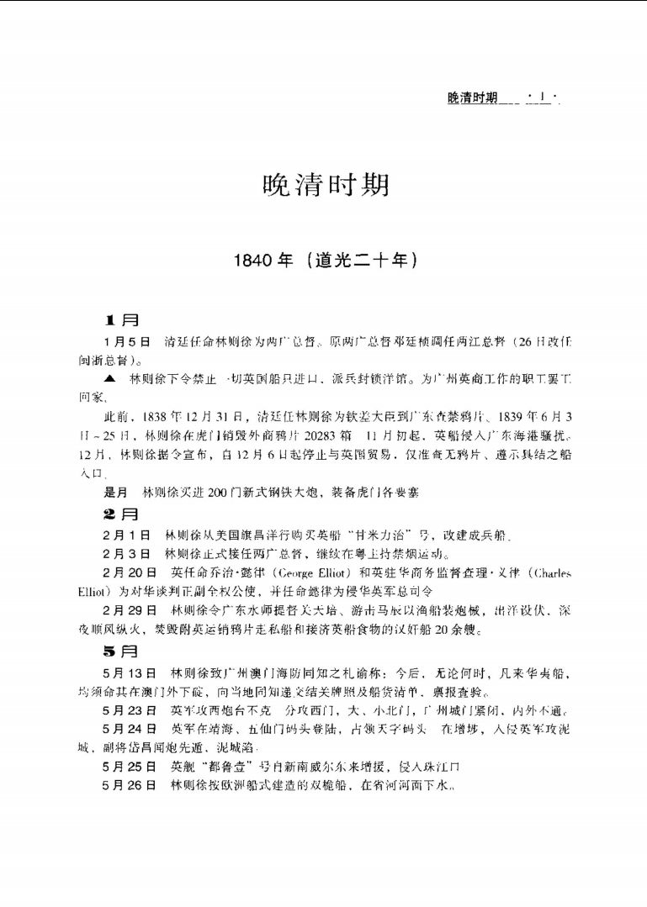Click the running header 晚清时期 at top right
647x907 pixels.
click(x=472, y=99)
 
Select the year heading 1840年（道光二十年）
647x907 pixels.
click(x=327, y=261)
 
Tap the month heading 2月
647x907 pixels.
click(x=121, y=513)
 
